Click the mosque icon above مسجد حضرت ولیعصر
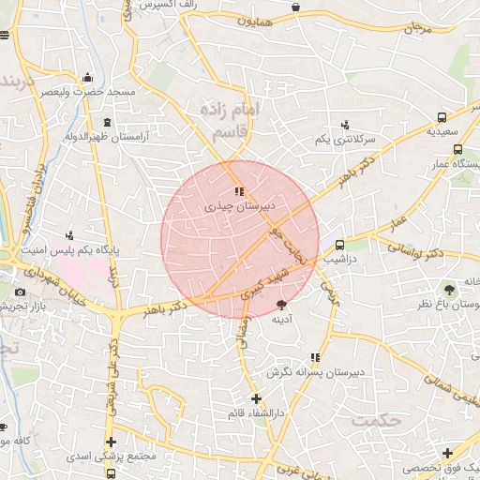click(x=87, y=78)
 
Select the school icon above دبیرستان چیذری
click(x=238, y=191)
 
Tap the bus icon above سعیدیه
click(x=442, y=118)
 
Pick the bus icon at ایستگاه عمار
click(x=457, y=149)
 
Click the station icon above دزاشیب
click(x=339, y=245)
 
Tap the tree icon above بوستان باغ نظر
click(x=449, y=288)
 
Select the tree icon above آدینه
click(x=282, y=304)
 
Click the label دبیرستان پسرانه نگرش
click(x=314, y=372)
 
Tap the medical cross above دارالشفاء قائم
click(x=256, y=398)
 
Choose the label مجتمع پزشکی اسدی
click(x=105, y=457)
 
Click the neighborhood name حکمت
click(x=376, y=420)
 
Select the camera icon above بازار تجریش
click(x=20, y=292)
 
